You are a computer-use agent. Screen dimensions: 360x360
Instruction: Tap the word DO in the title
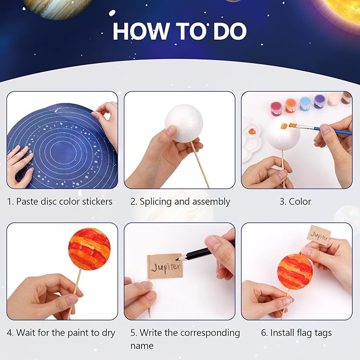pos(229,31)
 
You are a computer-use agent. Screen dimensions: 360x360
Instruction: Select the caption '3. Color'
pos(300,201)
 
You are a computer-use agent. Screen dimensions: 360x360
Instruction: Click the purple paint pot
pos(320,102)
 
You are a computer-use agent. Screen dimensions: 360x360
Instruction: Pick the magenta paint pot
pos(277,108)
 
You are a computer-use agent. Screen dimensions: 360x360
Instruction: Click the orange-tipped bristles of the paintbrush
pos(292,126)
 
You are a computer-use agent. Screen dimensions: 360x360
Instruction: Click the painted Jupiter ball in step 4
pos(89,249)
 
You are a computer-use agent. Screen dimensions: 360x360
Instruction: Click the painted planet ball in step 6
pos(295,271)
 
